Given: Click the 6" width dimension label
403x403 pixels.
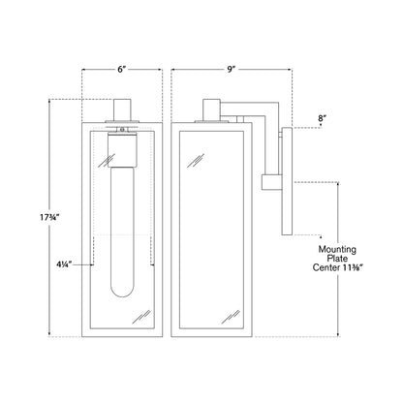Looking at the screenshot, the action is click(121, 70).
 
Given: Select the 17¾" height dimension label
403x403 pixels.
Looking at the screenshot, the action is click(48, 218).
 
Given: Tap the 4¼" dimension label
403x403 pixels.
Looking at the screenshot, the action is click(64, 264).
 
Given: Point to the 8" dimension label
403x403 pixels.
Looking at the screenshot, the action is click(321, 118).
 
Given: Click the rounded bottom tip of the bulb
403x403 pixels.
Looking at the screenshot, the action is click(122, 296).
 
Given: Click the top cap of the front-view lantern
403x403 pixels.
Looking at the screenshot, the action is click(122, 109).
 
